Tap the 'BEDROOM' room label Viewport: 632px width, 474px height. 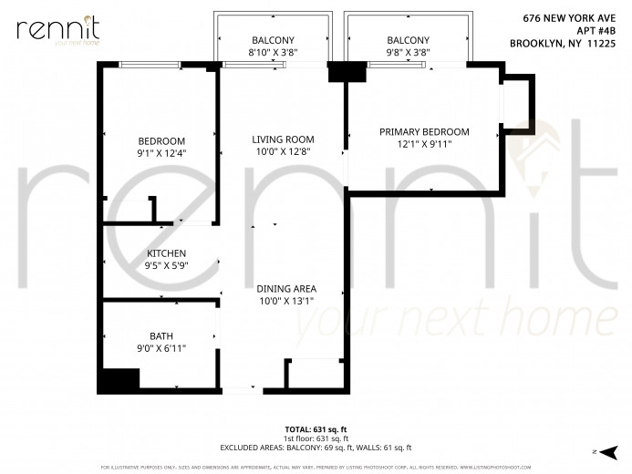(x=161, y=140)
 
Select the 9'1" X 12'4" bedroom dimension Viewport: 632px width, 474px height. (x=161, y=153)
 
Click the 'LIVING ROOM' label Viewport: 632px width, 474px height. (x=283, y=139)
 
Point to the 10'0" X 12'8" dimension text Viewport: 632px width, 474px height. (x=283, y=152)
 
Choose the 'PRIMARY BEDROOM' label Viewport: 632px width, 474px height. (x=424, y=131)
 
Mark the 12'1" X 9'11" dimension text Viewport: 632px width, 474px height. (x=424, y=144)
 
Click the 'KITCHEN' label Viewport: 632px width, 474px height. (x=166, y=252)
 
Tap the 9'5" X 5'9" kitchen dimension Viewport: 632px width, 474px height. (x=166, y=265)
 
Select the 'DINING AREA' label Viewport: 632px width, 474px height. (x=285, y=288)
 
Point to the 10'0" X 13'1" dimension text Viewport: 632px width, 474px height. (x=285, y=301)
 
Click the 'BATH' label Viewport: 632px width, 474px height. (x=161, y=335)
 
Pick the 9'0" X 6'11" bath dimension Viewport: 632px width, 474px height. (x=161, y=348)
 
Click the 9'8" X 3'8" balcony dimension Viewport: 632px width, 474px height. (x=408, y=53)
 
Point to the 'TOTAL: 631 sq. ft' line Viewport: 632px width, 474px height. (x=316, y=428)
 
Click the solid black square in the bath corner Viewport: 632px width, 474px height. (x=119, y=380)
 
